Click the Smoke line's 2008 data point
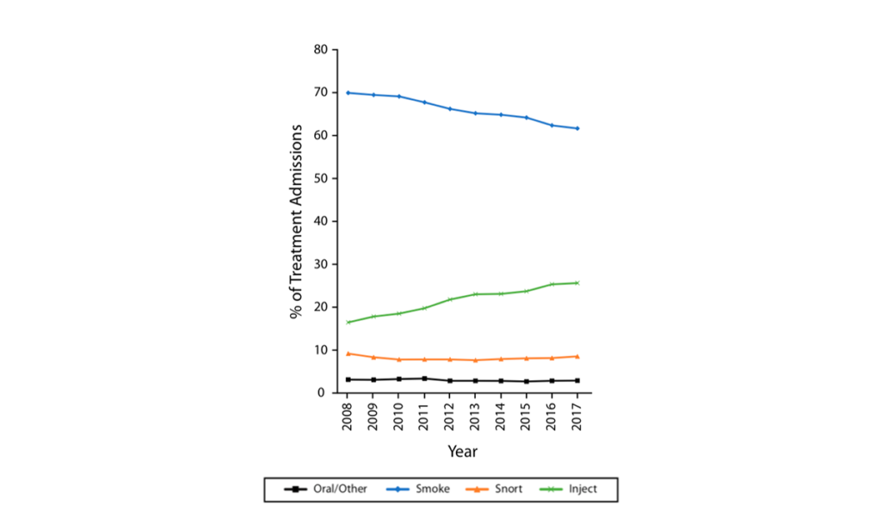pyautogui.click(x=348, y=93)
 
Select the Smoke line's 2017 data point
pyautogui.click(x=577, y=128)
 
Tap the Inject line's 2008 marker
pyautogui.click(x=348, y=323)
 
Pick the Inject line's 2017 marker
pyautogui.click(x=577, y=283)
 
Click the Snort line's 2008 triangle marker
pyautogui.click(x=348, y=354)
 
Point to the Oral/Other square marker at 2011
pyautogui.click(x=424, y=379)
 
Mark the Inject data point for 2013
pyautogui.click(x=475, y=294)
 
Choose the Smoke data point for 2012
pyautogui.click(x=450, y=108)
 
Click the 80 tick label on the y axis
pyautogui.click(x=320, y=50)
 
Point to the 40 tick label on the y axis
pyautogui.click(x=320, y=221)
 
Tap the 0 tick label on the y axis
pyautogui.click(x=323, y=393)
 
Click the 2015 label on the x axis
pyautogui.click(x=527, y=416)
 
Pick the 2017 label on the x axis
pyautogui.click(x=577, y=416)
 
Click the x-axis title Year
pyautogui.click(x=462, y=452)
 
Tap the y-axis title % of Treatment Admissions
pyautogui.click(x=297, y=221)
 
